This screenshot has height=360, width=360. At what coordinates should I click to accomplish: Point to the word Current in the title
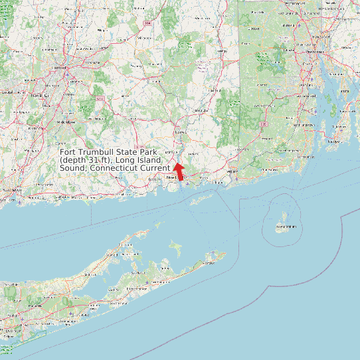click(x=153, y=169)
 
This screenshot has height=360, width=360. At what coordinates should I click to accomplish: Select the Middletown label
click(x=66, y=123)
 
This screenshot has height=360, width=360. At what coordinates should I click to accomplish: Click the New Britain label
click(x=35, y=96)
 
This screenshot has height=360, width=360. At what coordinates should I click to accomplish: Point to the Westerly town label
click(x=232, y=171)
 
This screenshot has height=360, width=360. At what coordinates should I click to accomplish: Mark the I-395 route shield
click(x=264, y=124)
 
